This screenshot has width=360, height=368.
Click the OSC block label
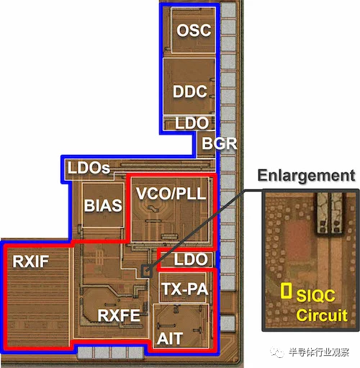(x=194, y=30)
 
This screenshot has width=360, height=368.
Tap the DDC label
(x=190, y=91)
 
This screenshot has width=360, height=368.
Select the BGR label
(x=219, y=143)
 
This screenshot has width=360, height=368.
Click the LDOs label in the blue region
(x=89, y=168)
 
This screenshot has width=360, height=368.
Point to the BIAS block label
(x=103, y=205)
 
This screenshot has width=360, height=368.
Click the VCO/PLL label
(x=171, y=193)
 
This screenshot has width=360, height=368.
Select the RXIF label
(x=30, y=261)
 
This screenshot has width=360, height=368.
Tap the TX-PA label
(x=184, y=289)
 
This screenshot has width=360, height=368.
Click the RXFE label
(x=119, y=315)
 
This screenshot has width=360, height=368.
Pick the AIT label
(x=170, y=338)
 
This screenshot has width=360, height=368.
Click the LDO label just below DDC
(x=192, y=123)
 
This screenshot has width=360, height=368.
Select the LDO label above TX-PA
(x=191, y=259)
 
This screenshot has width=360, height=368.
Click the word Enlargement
(x=306, y=176)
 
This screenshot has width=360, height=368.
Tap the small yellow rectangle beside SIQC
(x=286, y=291)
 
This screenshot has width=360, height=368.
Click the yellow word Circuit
(x=322, y=315)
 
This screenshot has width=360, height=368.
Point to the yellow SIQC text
(x=315, y=295)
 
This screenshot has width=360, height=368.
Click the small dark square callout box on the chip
(x=147, y=271)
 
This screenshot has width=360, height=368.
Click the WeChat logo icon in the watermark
(x=278, y=352)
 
